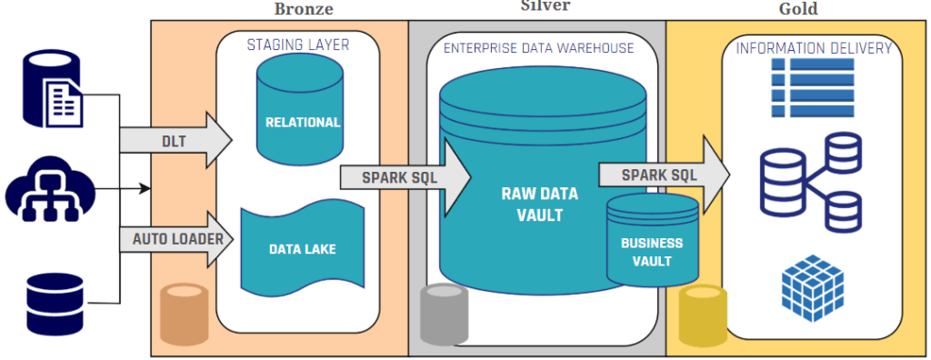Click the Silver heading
(546, 5)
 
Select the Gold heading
(799, 9)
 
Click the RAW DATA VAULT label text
(538, 204)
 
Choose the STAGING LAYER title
(297, 45)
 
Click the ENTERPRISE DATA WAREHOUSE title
(538, 47)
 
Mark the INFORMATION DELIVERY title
(813, 48)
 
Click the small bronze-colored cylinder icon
(182, 315)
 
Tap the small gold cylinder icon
(701, 315)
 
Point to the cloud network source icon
(45, 191)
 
